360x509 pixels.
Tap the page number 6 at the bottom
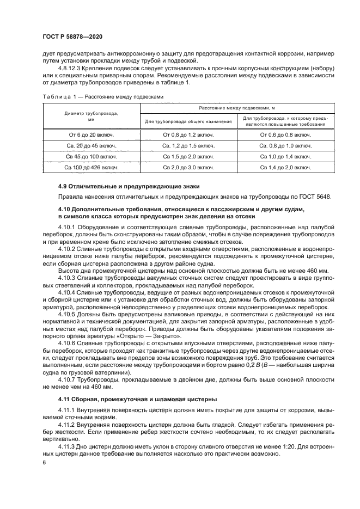click(44, 462)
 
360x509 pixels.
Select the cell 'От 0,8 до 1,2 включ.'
click(188, 134)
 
